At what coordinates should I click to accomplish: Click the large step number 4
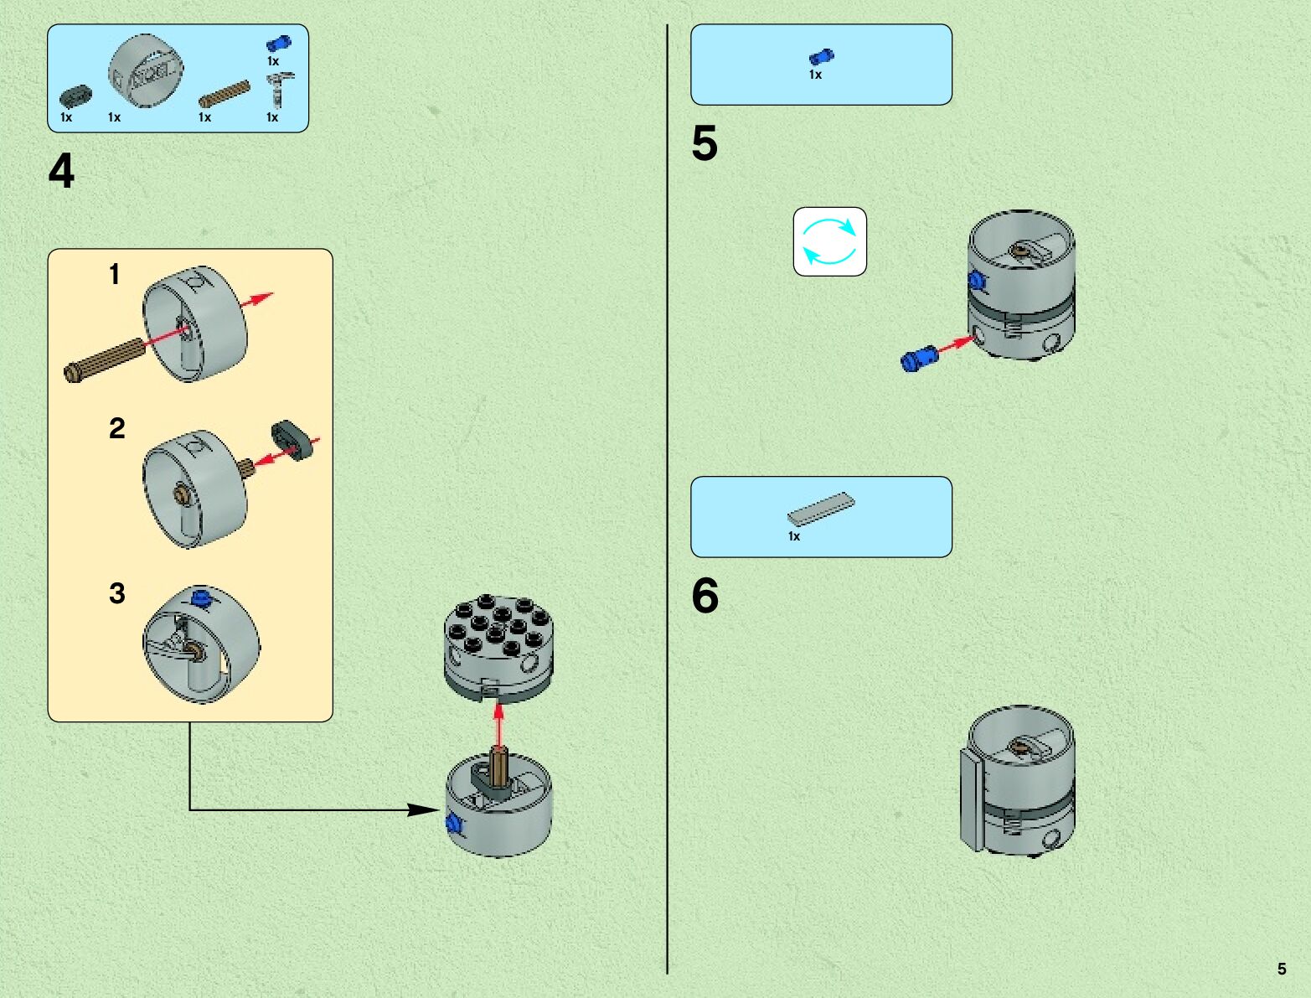point(61,171)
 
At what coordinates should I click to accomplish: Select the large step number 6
point(705,596)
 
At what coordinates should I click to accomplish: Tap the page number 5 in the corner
point(1281,969)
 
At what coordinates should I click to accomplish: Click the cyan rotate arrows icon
point(829,241)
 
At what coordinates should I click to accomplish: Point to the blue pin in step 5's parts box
point(821,56)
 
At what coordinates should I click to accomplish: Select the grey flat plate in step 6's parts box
point(821,507)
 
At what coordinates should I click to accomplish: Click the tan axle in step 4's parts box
point(224,94)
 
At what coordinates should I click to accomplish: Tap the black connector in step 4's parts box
point(75,96)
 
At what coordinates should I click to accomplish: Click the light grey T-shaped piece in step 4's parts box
point(280,89)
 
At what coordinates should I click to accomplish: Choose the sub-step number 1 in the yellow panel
point(115,274)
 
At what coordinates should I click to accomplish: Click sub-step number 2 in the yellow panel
point(116,429)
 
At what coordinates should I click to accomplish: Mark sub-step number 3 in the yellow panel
point(116,593)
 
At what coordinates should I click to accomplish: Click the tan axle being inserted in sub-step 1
point(105,360)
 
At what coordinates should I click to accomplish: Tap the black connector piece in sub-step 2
point(291,440)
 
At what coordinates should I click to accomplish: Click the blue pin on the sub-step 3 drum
point(200,597)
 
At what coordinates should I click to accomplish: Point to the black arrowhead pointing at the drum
point(421,809)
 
